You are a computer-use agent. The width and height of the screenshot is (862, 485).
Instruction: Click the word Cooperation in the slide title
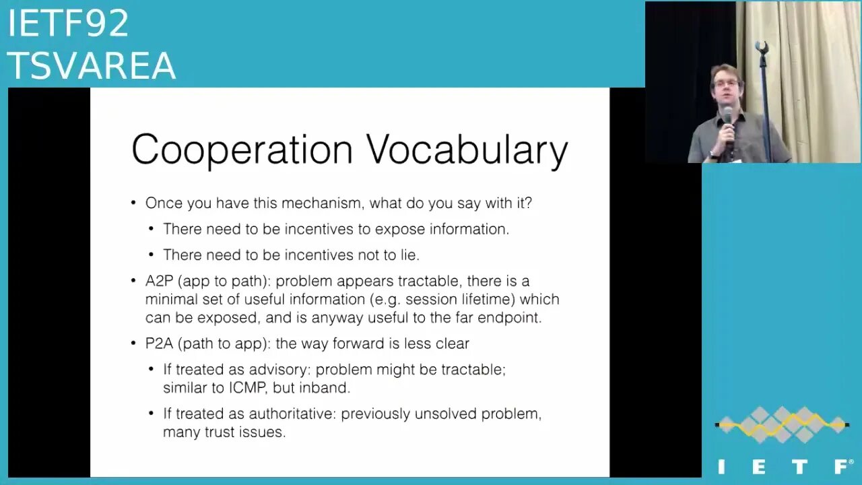pos(242,150)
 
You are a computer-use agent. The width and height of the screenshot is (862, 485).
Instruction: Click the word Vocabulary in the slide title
pos(467,150)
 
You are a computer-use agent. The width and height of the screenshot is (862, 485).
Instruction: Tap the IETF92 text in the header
pos(68,23)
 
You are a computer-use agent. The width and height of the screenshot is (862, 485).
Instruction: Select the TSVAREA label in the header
pos(92,65)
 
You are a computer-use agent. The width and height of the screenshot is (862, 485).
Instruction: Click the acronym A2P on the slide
pos(160,281)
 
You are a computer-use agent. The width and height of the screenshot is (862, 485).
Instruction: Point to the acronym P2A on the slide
pos(160,344)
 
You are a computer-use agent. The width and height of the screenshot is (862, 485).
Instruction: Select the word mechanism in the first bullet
pos(323,203)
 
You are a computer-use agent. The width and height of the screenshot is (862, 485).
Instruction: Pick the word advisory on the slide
pos(279,370)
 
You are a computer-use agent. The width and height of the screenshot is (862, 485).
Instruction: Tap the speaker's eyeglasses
pos(726,83)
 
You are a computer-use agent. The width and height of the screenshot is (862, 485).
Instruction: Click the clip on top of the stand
pos(762,48)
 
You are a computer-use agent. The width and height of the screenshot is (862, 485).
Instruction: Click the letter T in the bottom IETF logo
pos(799,467)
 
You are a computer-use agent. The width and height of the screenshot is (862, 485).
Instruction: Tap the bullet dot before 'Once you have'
pos(133,203)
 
